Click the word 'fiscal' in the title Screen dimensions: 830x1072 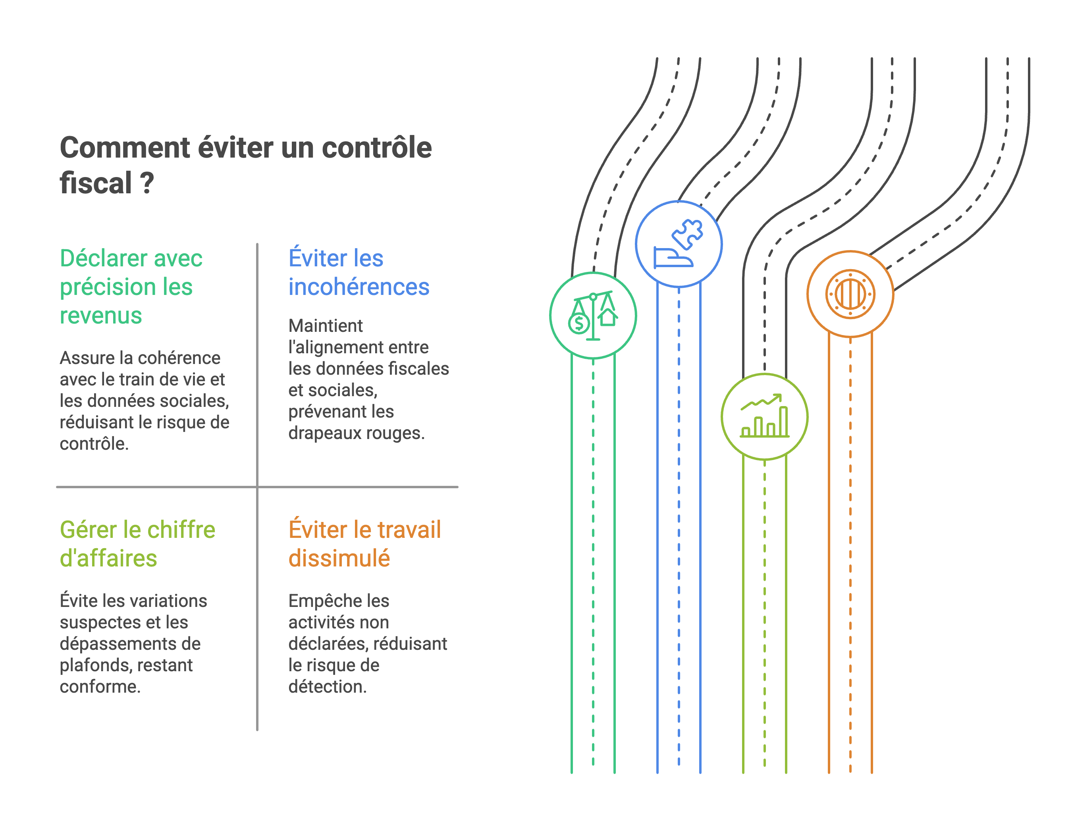click(96, 183)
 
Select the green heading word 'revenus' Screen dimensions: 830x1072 click(100, 315)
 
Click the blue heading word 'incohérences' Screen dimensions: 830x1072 click(358, 287)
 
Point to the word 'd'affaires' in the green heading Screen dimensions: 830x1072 click(108, 558)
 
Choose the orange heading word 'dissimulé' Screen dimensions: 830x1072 click(339, 558)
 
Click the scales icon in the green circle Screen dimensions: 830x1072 click(593, 316)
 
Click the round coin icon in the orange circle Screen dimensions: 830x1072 click(850, 294)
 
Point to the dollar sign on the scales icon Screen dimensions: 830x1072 click(579, 324)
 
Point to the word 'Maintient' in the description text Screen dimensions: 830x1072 click(326, 325)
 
